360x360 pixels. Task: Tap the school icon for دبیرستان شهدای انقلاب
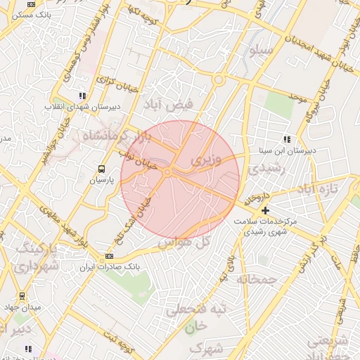click(x=82, y=96)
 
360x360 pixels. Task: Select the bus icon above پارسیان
click(x=102, y=169)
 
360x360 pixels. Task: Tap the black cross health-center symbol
click(x=265, y=211)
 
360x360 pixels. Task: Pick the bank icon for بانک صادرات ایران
click(x=109, y=257)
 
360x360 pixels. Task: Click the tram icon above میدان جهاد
click(x=22, y=296)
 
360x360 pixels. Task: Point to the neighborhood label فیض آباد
click(x=162, y=105)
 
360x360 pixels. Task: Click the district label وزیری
click(x=206, y=160)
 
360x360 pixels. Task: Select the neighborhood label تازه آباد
click(x=318, y=189)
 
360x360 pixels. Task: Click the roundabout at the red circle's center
click(x=168, y=172)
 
